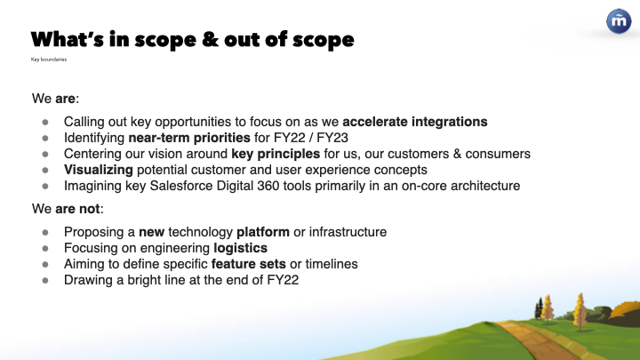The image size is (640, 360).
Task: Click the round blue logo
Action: [x=619, y=20]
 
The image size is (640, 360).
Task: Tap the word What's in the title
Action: [x=68, y=39]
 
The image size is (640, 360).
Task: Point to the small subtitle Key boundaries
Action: [x=49, y=60]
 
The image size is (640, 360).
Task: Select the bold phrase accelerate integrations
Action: [x=415, y=122]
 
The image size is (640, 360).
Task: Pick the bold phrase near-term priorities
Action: [x=189, y=138]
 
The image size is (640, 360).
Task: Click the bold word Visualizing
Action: [x=99, y=170]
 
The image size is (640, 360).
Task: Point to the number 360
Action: [x=268, y=186]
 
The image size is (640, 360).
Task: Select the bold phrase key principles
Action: [x=276, y=154]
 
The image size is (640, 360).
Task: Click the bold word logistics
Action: [x=240, y=248]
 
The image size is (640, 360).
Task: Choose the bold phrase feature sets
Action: [x=249, y=264]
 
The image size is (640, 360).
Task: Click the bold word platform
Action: [x=263, y=232]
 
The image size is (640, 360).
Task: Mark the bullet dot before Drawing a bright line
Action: [x=45, y=280]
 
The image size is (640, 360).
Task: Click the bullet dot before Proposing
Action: [x=45, y=232]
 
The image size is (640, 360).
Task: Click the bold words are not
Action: [x=77, y=209]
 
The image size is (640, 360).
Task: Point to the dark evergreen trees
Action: [x=539, y=308]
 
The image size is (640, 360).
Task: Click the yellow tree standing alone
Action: [x=580, y=311]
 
